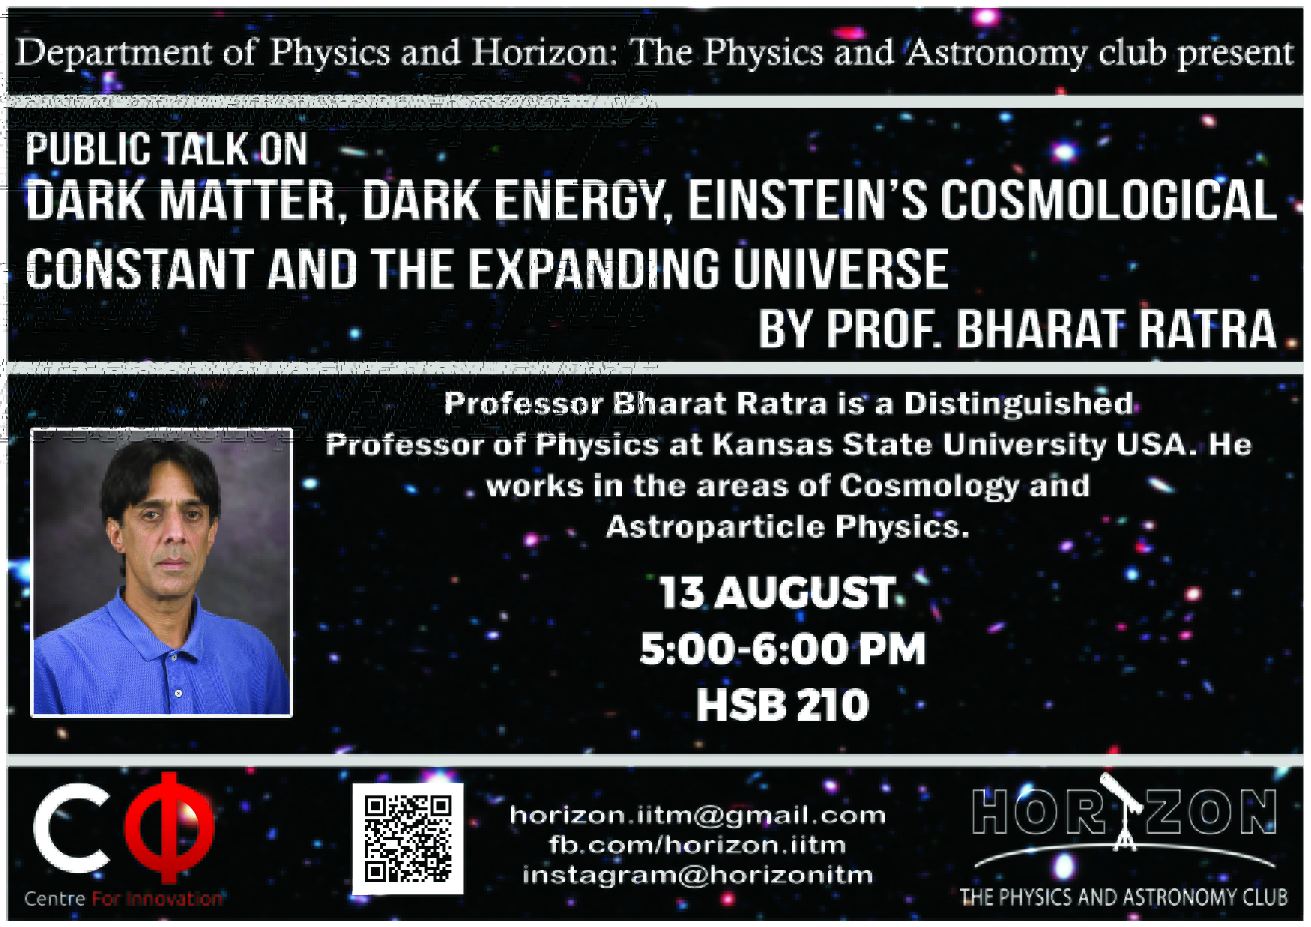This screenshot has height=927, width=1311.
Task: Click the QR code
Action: point(408,838)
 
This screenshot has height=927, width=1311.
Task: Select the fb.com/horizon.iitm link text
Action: point(697,845)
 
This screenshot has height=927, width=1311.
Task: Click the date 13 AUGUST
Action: point(777,592)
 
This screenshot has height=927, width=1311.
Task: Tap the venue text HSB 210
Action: point(782,705)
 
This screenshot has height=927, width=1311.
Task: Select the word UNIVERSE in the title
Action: point(840,269)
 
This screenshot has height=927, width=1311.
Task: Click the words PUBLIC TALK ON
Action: point(167,149)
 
